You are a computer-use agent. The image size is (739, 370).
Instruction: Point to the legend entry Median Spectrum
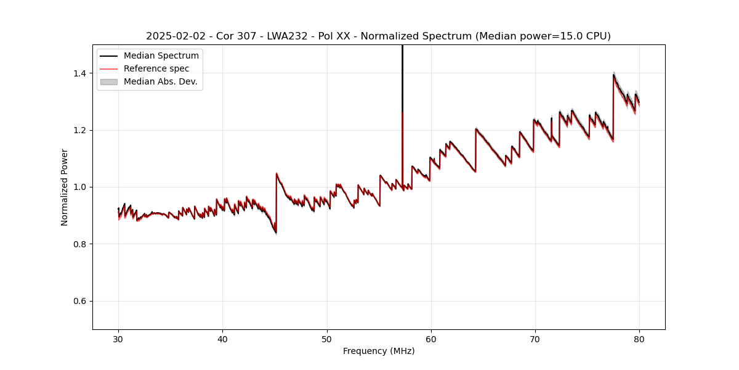click(161, 56)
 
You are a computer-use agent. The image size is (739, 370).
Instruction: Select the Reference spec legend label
click(156, 68)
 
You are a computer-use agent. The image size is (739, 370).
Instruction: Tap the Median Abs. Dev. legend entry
click(161, 81)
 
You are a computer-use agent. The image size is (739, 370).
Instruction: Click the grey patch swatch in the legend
click(109, 81)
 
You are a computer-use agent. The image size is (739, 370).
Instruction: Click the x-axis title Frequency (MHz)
click(379, 351)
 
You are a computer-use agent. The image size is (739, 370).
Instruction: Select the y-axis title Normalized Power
click(65, 187)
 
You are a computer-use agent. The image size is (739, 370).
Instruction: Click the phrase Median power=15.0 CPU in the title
click(542, 36)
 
